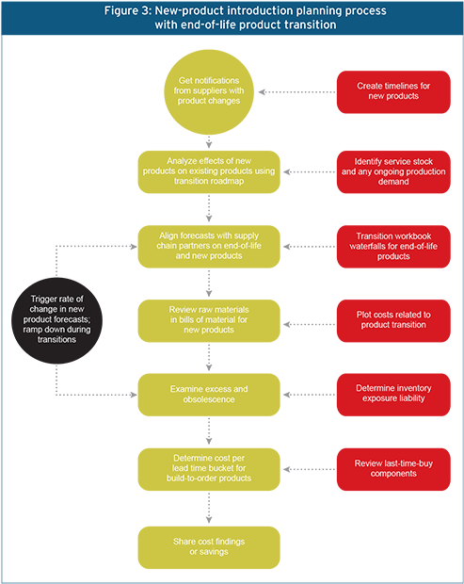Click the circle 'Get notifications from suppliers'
[x=209, y=91]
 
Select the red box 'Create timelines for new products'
[x=393, y=91]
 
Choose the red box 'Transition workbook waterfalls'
[x=393, y=246]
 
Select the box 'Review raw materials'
[x=209, y=318]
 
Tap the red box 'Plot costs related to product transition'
[x=393, y=318]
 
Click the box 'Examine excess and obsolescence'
[x=209, y=393]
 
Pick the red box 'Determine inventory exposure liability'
[x=393, y=393]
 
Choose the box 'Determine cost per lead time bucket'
[x=209, y=467]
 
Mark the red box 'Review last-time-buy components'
[x=393, y=467]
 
